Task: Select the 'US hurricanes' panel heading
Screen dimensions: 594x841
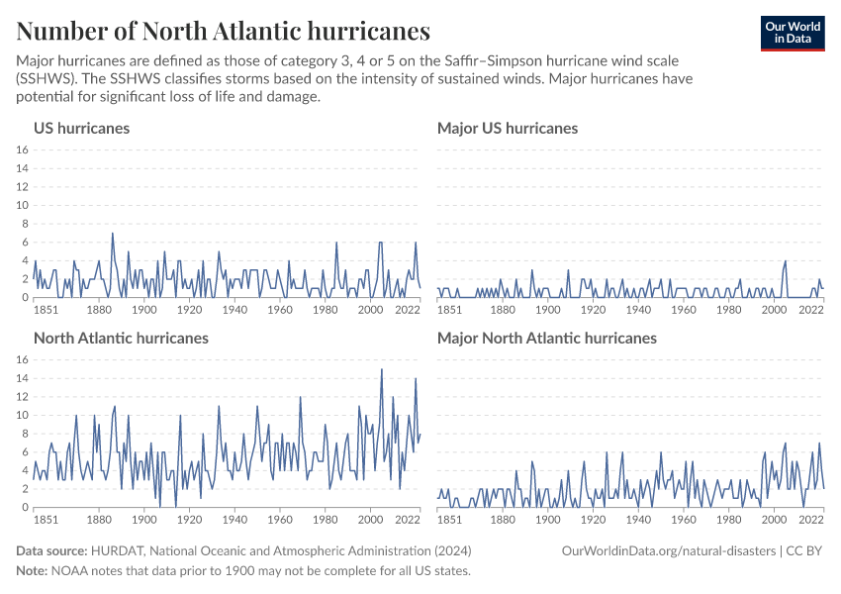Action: pyautogui.click(x=81, y=128)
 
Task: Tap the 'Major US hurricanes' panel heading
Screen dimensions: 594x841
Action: pyautogui.click(x=507, y=128)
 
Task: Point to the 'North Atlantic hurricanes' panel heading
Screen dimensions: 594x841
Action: pyautogui.click(x=121, y=338)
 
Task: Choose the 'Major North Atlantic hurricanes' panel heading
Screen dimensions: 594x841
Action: pyautogui.click(x=546, y=338)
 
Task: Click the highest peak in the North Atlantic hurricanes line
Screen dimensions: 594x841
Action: pyautogui.click(x=381, y=370)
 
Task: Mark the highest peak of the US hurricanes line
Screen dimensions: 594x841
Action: pyautogui.click(x=113, y=234)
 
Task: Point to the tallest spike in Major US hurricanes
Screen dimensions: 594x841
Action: pyautogui.click(x=786, y=261)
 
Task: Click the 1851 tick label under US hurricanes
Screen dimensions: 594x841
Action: pyautogui.click(x=47, y=309)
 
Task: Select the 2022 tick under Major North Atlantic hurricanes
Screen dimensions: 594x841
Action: pyautogui.click(x=811, y=519)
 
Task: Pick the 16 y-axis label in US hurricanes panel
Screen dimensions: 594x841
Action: pyautogui.click(x=22, y=150)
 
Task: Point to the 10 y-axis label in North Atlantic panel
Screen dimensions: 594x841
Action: pyautogui.click(x=22, y=416)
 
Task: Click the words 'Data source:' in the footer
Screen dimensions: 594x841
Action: pyautogui.click(x=51, y=550)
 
